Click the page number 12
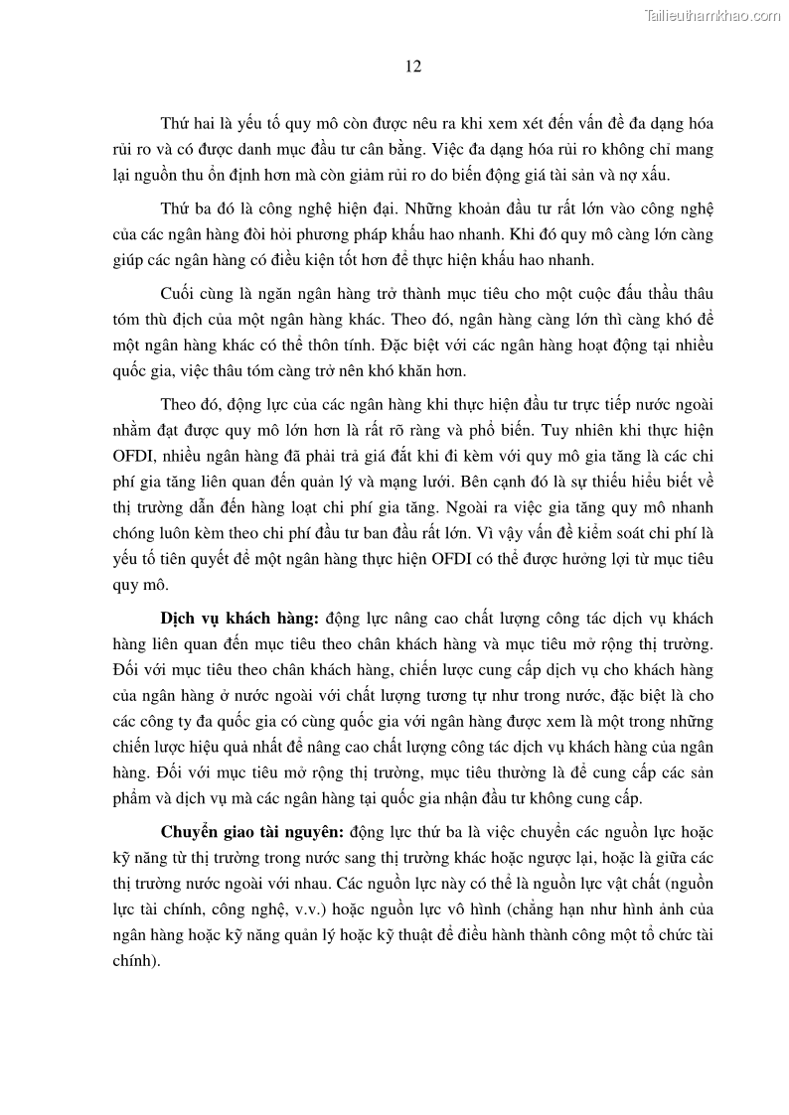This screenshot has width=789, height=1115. [x=414, y=68]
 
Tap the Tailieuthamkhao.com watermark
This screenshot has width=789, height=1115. [x=712, y=15]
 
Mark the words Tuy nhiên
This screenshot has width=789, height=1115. [x=562, y=430]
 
